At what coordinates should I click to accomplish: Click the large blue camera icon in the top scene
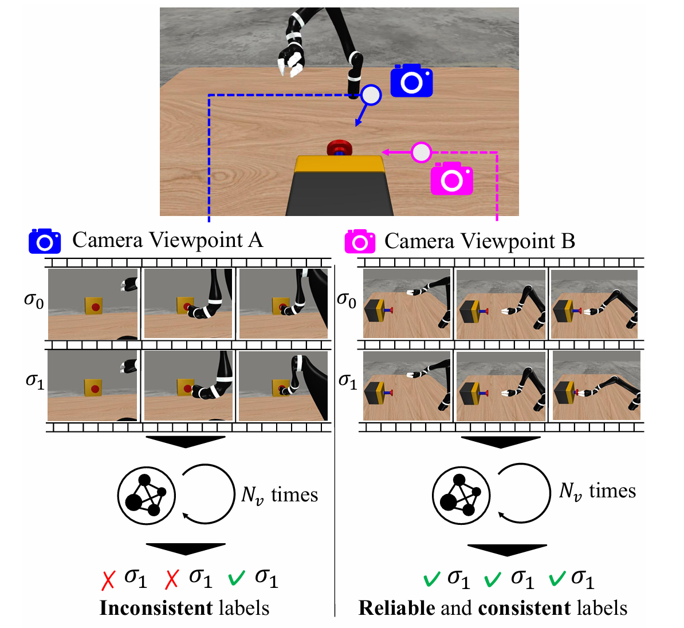point(411,80)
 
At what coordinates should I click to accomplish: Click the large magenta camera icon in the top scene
point(452,178)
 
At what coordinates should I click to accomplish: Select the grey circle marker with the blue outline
point(371,95)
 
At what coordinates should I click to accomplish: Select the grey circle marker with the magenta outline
point(421,153)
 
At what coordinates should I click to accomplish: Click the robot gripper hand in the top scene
point(291,61)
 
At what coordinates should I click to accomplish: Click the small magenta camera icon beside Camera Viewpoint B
point(360,241)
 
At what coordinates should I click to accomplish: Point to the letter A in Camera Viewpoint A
point(255,240)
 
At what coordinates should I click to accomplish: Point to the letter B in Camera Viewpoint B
point(568,241)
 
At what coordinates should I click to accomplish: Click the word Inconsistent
point(156,608)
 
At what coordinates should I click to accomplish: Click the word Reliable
point(396,608)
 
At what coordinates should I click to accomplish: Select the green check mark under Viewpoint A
point(237,578)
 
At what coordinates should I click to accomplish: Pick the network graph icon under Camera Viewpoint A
point(147,496)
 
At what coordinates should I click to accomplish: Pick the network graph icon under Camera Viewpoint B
point(461,496)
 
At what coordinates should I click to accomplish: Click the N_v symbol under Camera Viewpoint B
point(571,492)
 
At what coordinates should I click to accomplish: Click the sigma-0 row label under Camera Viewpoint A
point(34,301)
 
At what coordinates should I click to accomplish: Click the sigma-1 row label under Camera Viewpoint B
point(348,382)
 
